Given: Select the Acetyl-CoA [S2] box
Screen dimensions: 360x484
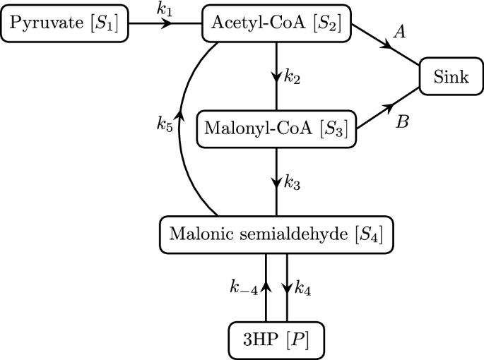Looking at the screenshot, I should (276, 24).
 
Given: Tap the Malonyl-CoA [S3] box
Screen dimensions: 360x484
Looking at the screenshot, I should (276, 128).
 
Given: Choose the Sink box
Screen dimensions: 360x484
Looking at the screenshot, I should (451, 76).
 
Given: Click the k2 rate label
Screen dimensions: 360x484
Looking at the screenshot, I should (293, 77).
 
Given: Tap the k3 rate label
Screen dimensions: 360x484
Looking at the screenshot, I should (293, 181).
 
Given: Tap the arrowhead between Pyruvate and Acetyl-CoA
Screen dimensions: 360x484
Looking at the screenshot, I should (167, 24).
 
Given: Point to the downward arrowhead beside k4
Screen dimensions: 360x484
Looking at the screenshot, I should (288, 286).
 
